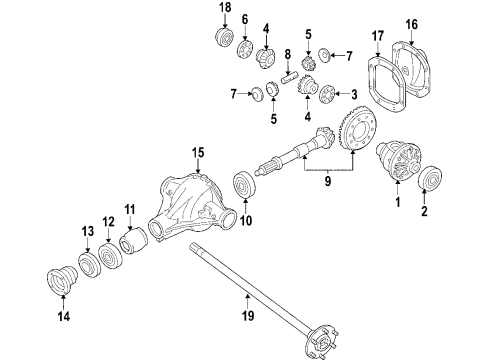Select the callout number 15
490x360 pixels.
198,152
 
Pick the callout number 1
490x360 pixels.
397,205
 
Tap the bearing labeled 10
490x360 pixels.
243,188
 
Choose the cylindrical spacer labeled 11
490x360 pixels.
134,245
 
